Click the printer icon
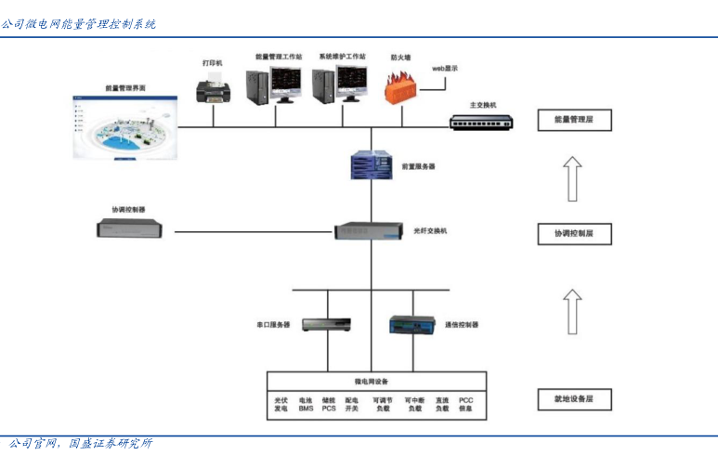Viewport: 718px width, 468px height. pos(214,89)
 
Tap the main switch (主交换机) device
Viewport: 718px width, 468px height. pos(484,121)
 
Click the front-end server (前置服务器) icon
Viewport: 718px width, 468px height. pos(372,166)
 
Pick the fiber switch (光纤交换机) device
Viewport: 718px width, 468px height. pos(371,230)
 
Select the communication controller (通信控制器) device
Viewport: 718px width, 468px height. pos(411,325)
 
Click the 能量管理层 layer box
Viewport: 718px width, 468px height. pos(574,120)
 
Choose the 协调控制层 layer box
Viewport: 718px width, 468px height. pos(574,234)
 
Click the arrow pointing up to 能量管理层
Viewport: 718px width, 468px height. pos(574,178)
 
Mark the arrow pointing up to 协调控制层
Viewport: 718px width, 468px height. pos(574,311)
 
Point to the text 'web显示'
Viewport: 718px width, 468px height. pos(446,69)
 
